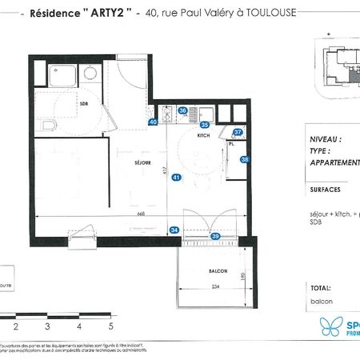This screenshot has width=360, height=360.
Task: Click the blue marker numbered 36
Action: [x=182, y=111]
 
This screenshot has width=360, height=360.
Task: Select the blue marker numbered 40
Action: [x=153, y=122]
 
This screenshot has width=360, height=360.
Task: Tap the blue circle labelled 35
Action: [x=205, y=125]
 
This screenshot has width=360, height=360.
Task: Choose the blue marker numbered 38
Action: [x=245, y=159]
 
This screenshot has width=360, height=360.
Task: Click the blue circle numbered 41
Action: [x=176, y=178]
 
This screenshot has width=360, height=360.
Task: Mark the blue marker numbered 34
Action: [x=175, y=230]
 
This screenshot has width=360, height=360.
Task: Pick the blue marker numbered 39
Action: [x=215, y=236]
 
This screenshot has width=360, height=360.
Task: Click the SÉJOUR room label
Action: [x=122, y=162]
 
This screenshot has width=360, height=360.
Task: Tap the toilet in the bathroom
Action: [x=48, y=126]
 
